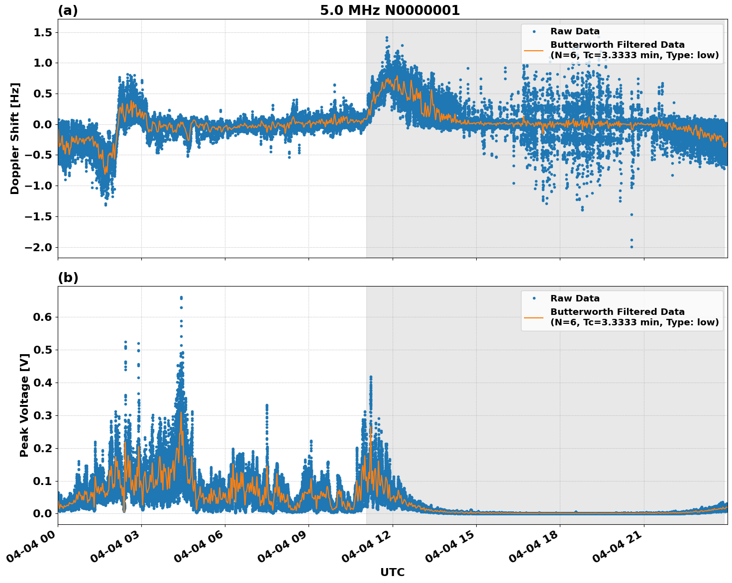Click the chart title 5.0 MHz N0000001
coord(390,10)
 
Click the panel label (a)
coord(68,10)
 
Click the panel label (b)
coord(68,278)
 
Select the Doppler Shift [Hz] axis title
coord(15,138)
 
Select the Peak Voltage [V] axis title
coord(24,405)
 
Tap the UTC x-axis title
coord(392,572)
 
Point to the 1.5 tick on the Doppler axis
coord(45,33)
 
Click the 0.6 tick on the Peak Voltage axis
coord(45,317)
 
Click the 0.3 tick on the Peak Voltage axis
coord(45,415)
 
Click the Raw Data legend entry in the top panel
coord(575,32)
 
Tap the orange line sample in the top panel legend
coord(533,50)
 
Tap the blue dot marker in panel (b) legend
coord(533,298)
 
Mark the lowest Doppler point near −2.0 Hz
coord(631,247)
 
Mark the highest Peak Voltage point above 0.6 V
coord(181,297)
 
